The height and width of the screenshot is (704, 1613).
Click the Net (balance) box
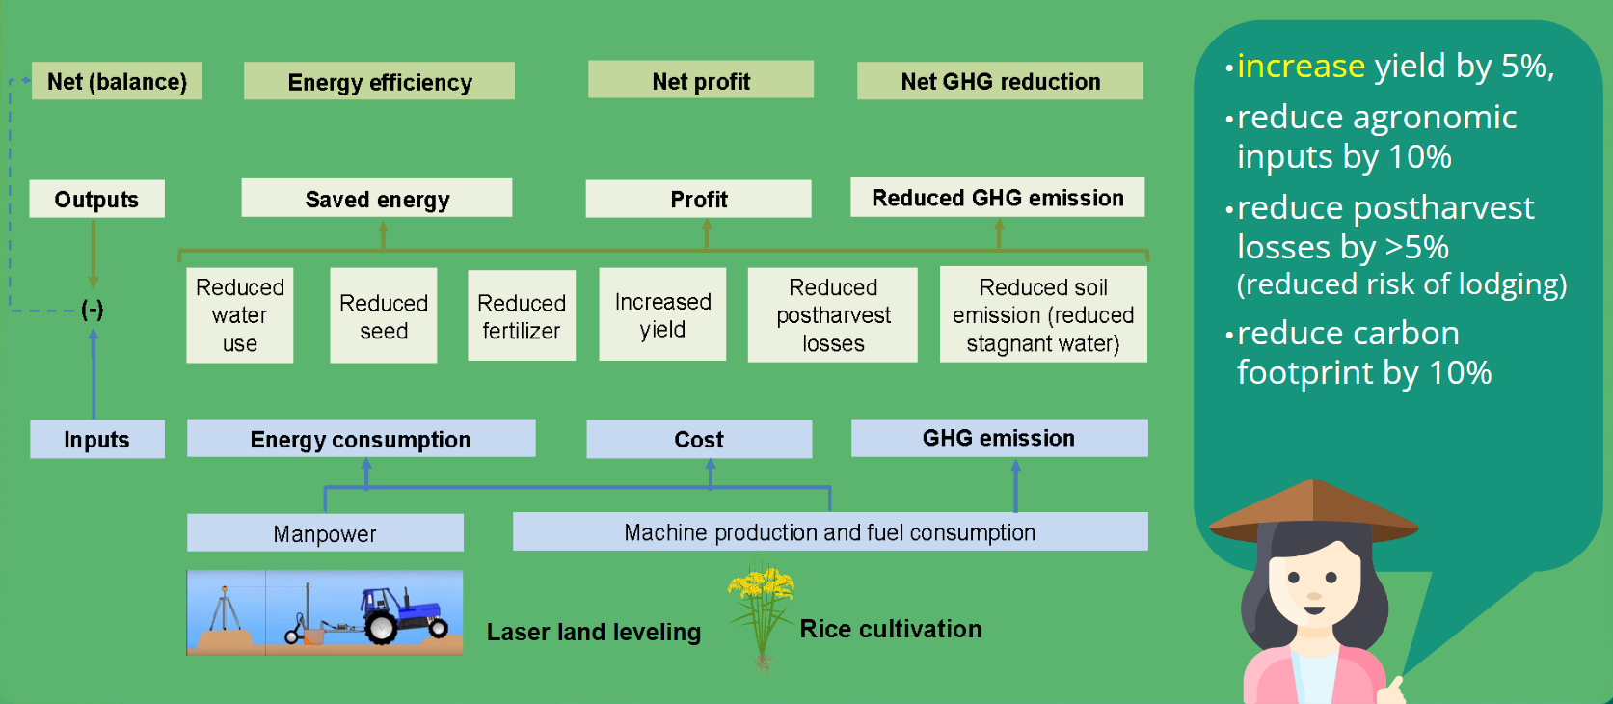click(x=117, y=81)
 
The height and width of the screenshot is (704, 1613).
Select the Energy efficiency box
click(x=379, y=82)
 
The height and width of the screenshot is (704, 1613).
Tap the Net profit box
click(x=701, y=81)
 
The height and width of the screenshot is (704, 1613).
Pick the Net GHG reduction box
click(x=1000, y=81)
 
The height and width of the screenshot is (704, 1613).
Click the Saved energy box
click(x=377, y=199)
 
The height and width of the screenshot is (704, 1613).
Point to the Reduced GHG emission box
click(x=998, y=198)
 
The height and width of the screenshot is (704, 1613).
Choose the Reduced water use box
click(x=240, y=315)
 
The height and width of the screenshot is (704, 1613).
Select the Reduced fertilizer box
click(x=522, y=316)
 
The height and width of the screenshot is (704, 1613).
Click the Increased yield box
click(x=662, y=315)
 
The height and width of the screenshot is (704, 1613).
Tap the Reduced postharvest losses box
click(x=833, y=315)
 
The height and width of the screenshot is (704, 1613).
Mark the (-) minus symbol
click(x=93, y=310)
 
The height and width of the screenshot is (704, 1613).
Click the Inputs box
click(x=96, y=440)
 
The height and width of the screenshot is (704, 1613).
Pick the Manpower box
click(x=325, y=533)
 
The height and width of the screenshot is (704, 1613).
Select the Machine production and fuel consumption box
click(x=829, y=532)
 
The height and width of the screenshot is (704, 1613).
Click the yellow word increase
click(x=1301, y=67)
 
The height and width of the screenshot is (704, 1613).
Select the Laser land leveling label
click(x=594, y=632)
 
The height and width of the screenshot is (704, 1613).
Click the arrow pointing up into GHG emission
click(x=1015, y=482)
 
